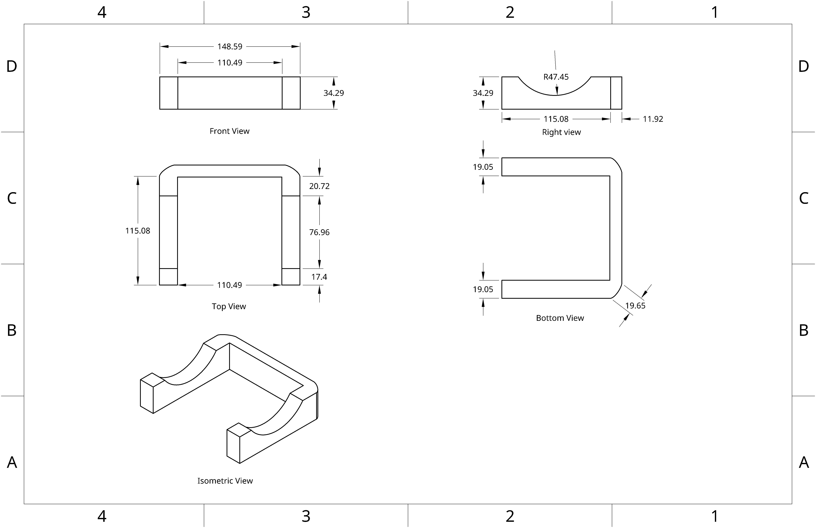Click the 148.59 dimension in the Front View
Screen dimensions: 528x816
pyautogui.click(x=230, y=46)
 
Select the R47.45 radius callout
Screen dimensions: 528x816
pyautogui.click(x=556, y=77)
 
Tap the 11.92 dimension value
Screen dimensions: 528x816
pyautogui.click(x=653, y=119)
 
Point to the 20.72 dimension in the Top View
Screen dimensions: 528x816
pyautogui.click(x=319, y=186)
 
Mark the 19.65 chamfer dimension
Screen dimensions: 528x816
pyautogui.click(x=635, y=305)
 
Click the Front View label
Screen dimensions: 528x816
pyautogui.click(x=229, y=131)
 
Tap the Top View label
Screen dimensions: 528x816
pyautogui.click(x=229, y=306)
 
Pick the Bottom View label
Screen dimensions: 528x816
pyautogui.click(x=560, y=318)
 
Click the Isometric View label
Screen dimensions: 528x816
pyautogui.click(x=225, y=481)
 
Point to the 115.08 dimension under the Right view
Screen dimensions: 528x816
pyautogui.click(x=556, y=119)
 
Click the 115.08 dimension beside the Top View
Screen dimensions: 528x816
pyautogui.click(x=137, y=231)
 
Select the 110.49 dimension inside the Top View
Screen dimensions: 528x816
pyautogui.click(x=229, y=285)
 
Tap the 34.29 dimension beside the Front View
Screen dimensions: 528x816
pyautogui.click(x=334, y=93)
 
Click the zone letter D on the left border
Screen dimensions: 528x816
pyautogui.click(x=12, y=66)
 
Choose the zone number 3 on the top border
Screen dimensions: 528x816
pyautogui.click(x=306, y=12)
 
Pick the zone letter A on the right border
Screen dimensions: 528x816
pyautogui.click(x=804, y=463)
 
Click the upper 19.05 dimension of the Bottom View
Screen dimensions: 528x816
pyautogui.click(x=483, y=167)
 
